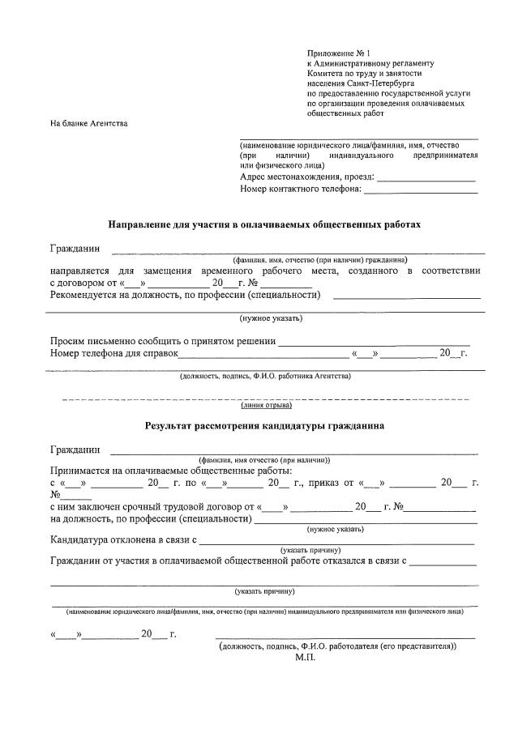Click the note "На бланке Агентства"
88,124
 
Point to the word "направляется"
81,270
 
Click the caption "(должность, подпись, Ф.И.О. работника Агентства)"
265,376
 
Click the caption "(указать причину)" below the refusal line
264,590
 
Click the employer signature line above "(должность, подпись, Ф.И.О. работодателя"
345,638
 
